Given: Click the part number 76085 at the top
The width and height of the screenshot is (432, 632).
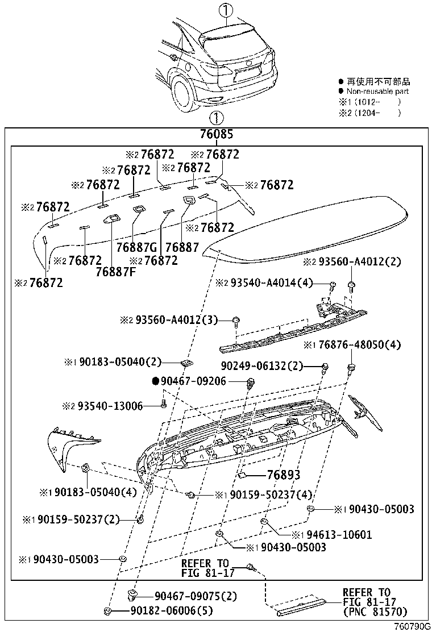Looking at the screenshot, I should pos(217,135).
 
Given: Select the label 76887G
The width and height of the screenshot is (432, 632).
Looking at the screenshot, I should pos(136,248).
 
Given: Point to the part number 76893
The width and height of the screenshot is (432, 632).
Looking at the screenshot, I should pos(283,475).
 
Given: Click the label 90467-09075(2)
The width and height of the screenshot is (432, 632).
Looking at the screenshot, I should pos(187,596).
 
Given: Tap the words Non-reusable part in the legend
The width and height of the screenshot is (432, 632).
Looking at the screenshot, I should pos(377,92).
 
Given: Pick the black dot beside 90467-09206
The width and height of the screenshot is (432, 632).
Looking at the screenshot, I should pos(155,381).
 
